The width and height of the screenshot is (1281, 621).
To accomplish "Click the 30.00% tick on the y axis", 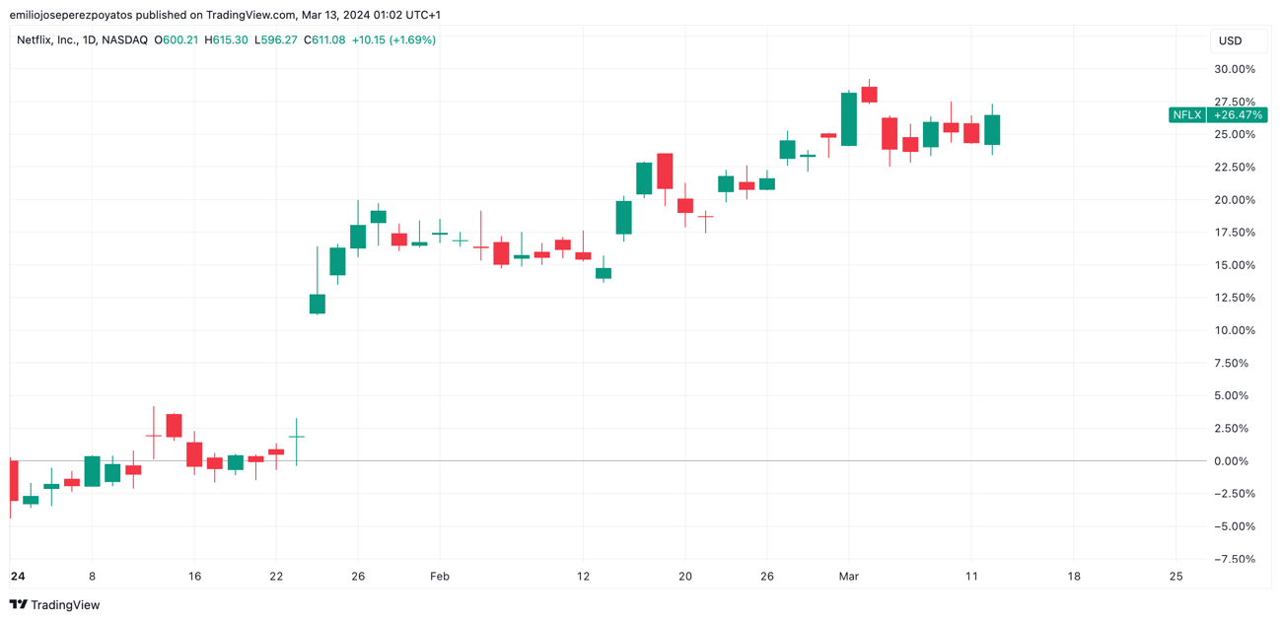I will (1234, 69).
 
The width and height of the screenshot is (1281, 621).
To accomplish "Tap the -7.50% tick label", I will (1234, 559).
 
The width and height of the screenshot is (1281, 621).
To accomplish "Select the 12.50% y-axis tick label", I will (1234, 298).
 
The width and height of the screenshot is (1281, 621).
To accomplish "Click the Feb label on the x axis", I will (440, 577).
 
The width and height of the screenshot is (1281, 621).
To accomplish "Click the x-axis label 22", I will (276, 577).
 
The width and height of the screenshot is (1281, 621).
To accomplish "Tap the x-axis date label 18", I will (1073, 577).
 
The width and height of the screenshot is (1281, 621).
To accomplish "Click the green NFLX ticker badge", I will (1186, 115).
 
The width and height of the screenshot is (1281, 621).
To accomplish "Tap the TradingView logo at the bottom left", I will (55, 604).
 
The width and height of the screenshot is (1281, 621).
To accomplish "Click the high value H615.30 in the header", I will (226, 40).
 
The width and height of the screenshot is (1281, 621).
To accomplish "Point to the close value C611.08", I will (324, 40).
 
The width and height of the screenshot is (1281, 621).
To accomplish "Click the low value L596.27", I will (275, 40).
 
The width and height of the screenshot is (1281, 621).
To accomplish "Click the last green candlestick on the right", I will (992, 130).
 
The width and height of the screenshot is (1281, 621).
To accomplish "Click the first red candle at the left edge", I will (14, 480).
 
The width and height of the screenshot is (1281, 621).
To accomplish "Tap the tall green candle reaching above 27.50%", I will (849, 119).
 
